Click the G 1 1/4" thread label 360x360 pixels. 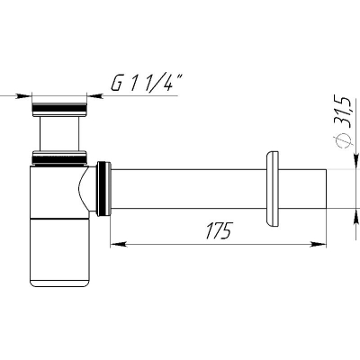point(147,83)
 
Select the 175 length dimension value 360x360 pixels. point(220,230)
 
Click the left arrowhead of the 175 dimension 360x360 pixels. point(119,244)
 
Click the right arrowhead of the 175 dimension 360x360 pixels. point(319,244)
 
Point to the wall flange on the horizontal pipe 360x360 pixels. point(273,189)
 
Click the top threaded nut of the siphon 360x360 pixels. point(59,110)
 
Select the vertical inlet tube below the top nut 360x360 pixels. point(59,133)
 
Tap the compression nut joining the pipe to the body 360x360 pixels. point(103,189)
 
